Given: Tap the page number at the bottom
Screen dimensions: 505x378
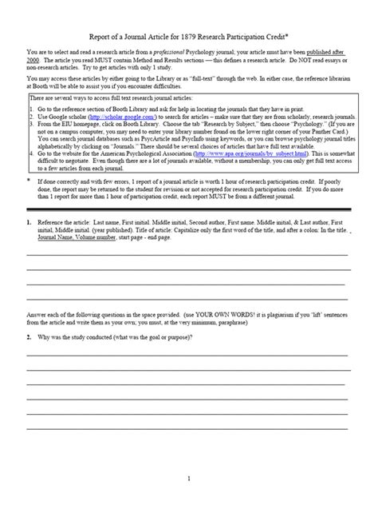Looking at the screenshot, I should tap(188, 478).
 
